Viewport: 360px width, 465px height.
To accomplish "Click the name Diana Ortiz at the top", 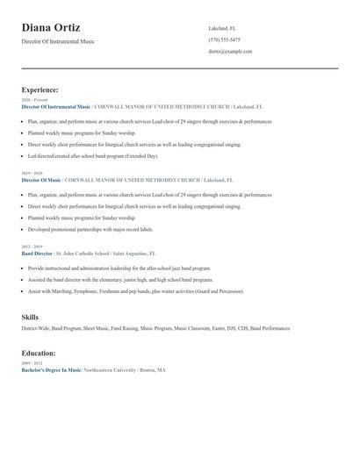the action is coord(51,28).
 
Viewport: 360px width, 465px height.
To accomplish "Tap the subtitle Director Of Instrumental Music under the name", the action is coord(58,42).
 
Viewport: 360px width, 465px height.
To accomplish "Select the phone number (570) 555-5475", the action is coord(224,40).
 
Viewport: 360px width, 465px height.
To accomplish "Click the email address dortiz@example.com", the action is coord(230,52).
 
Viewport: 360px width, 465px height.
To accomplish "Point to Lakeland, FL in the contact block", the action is coord(222,28).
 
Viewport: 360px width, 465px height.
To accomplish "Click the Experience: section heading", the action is coord(40,89).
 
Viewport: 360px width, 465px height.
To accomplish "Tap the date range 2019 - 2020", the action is coord(31,174).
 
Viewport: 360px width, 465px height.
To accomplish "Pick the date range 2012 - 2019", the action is coord(31,247).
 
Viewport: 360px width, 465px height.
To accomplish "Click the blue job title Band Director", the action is coord(38,254).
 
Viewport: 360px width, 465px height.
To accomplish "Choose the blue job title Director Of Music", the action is coord(41,180).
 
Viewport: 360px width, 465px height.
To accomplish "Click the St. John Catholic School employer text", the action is coord(92,254).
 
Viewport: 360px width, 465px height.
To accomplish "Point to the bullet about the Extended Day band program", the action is coord(93,155).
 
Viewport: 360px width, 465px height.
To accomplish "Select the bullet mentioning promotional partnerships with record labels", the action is coord(90,229).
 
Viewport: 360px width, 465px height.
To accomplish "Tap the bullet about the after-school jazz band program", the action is coord(119,268).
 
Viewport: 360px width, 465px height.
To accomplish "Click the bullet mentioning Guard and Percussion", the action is coord(135,291).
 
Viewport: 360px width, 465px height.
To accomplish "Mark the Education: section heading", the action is coord(39,353).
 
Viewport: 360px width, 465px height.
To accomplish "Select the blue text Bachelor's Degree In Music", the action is coord(51,370).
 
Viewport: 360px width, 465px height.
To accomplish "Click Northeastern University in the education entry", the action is coord(111,370).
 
